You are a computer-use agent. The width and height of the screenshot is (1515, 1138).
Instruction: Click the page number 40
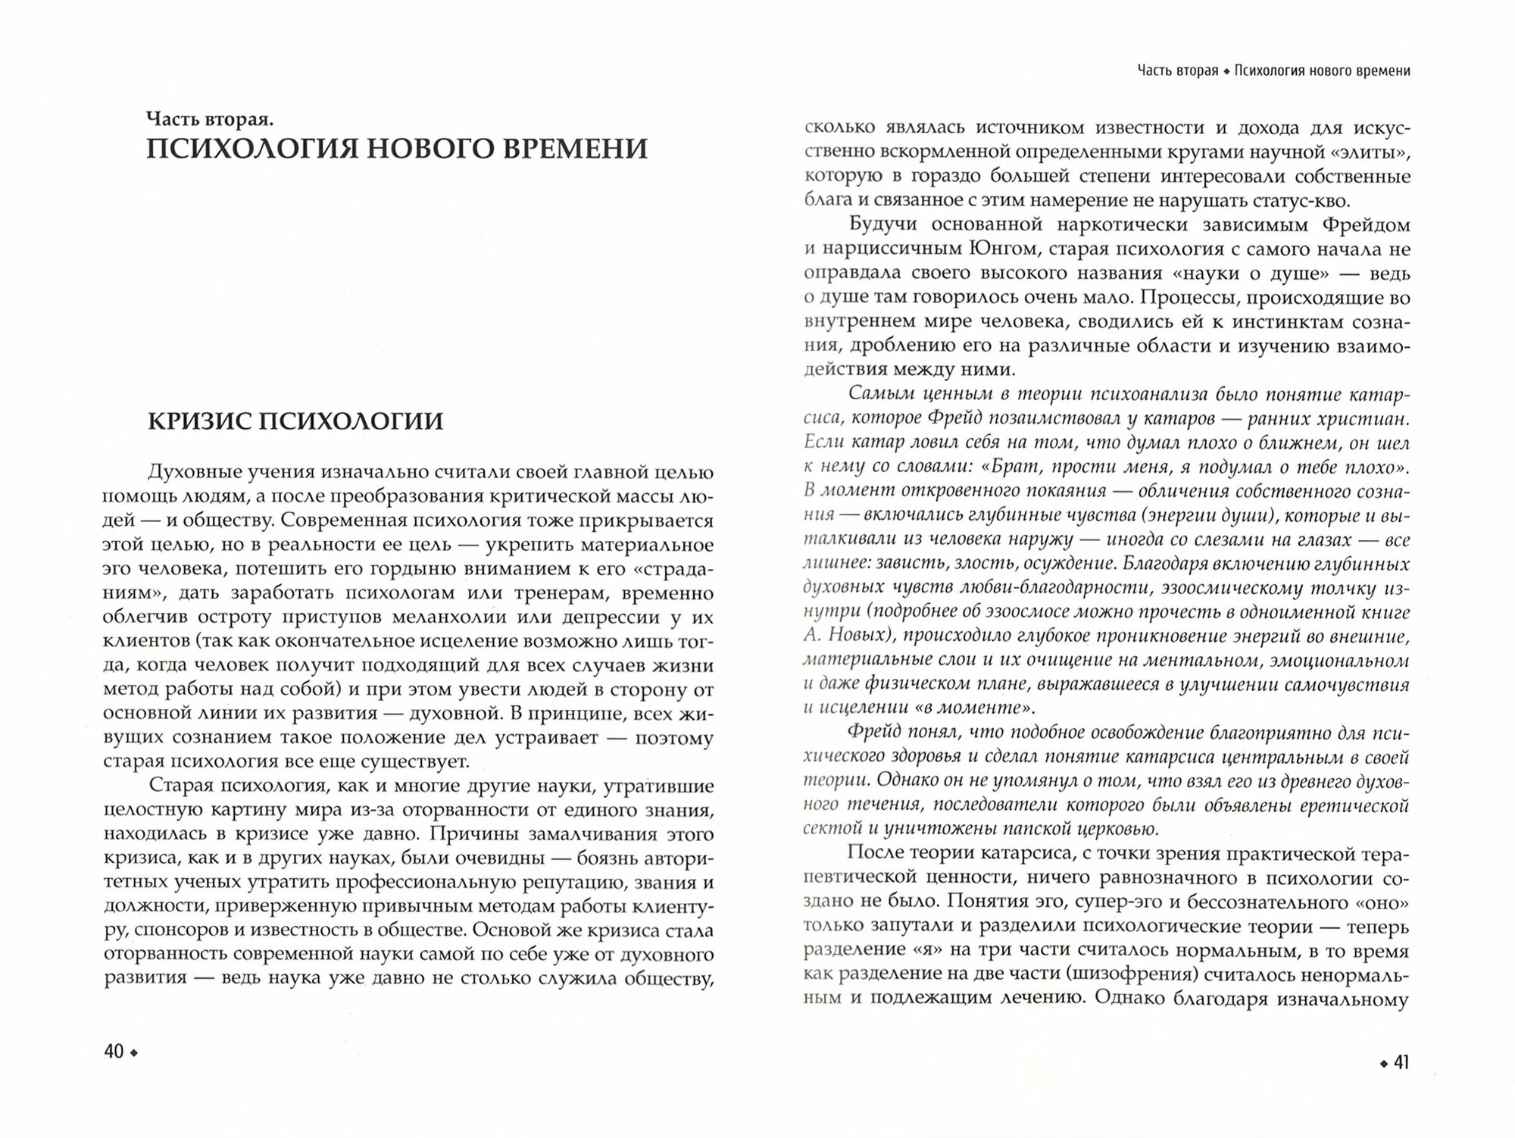click(x=114, y=1052)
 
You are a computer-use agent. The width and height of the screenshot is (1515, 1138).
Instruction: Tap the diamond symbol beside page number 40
click(x=135, y=1053)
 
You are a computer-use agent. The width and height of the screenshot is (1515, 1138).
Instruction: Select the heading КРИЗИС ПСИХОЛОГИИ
click(x=295, y=420)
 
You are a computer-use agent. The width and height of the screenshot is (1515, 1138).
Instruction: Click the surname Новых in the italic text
click(x=864, y=636)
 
